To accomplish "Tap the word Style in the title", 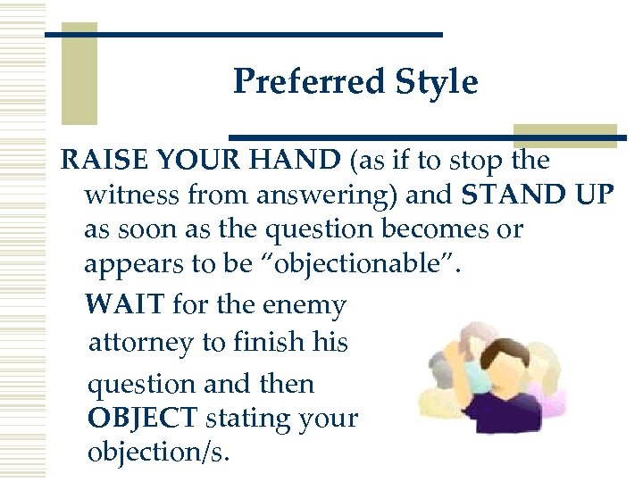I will click(x=439, y=82).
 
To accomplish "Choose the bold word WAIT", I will click(x=125, y=305).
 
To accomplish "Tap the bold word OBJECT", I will click(x=143, y=418).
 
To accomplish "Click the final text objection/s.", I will click(x=158, y=453).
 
